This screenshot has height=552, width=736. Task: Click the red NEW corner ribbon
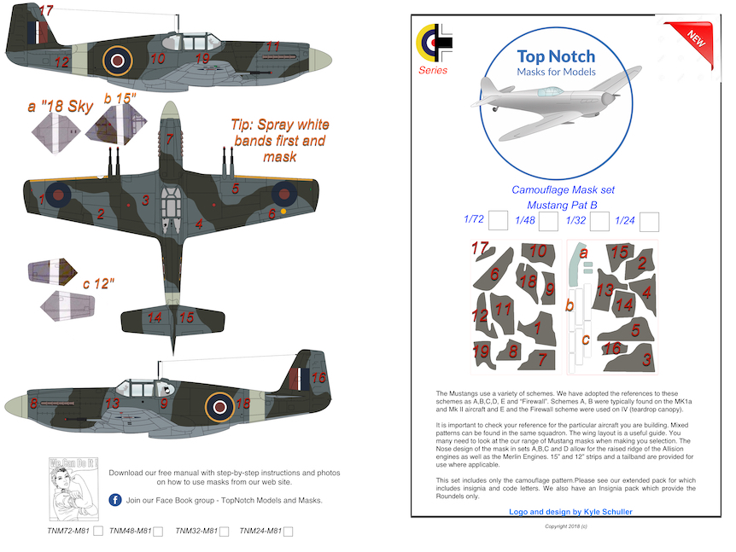[695, 35]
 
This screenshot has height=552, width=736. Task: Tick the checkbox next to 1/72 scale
[499, 221]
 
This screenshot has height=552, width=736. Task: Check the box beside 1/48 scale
[549, 222]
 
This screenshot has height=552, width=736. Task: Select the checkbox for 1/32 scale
[599, 222]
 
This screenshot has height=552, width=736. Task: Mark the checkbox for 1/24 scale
[649, 222]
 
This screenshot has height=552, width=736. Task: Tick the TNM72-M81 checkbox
[98, 532]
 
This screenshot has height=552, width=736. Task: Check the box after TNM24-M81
[288, 532]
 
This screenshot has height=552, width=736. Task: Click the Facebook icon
[114, 500]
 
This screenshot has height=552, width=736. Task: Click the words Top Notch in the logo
[556, 56]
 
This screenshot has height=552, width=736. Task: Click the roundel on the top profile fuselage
[118, 59]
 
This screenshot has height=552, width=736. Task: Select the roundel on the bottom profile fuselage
[220, 405]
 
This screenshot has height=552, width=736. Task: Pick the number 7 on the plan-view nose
[170, 140]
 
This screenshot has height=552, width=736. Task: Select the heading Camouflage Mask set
[563, 189]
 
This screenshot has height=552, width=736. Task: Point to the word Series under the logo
[433, 70]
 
